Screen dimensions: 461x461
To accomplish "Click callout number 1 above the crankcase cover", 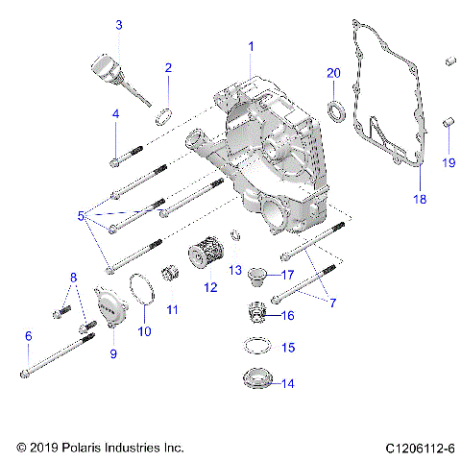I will [252, 46].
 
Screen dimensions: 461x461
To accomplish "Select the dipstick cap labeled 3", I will [103, 70].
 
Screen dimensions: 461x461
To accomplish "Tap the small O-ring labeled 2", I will [164, 117].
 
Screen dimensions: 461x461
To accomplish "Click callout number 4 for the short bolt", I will [115, 114].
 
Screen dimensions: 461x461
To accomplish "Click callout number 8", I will [71, 279].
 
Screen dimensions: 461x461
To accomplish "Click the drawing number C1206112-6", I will [420, 448].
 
